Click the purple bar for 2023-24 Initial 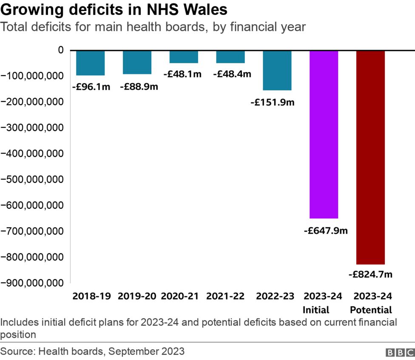324,134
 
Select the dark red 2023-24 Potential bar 370,157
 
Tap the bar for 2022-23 277,70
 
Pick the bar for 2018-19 90,63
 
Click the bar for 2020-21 184,57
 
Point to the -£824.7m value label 370,275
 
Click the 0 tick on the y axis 61,50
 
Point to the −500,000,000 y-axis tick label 32,179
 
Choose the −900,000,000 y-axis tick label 32,283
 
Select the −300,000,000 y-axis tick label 32,128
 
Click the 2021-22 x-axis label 225,296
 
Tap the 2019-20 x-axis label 137,296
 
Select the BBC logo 400,352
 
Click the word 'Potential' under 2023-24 372,309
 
